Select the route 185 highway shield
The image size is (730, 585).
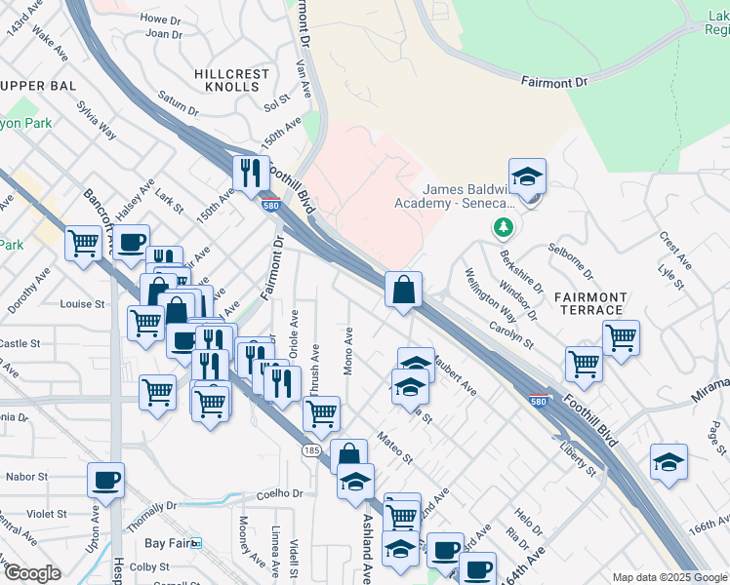pos(311,451)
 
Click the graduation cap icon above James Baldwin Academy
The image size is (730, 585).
pos(527,176)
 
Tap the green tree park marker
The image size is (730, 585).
pos(503,228)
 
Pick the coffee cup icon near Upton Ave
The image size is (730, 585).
pos(105,480)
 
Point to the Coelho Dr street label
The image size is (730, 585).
pos(281,494)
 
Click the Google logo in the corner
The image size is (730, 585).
pos(33,573)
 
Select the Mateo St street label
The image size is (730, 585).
pos(395,449)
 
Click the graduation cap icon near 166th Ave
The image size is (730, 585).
pos(669,462)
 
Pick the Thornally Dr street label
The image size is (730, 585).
pos(151,516)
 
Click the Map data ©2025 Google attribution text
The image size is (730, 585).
pos(669,577)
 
